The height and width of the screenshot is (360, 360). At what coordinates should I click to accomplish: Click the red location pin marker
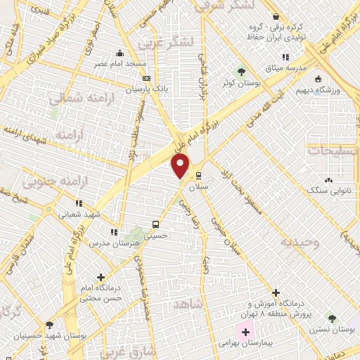(x=181, y=166)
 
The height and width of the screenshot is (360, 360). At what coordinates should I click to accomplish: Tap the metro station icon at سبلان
(x=199, y=176)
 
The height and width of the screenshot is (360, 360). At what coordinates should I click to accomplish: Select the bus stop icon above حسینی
(x=155, y=225)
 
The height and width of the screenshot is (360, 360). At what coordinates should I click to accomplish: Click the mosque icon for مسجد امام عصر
(x=121, y=53)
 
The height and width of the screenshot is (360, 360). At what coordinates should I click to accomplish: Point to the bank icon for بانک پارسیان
(x=146, y=79)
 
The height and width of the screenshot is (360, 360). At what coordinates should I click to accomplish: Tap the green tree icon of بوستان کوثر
(x=241, y=72)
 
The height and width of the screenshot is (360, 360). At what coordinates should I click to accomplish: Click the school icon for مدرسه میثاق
(x=285, y=57)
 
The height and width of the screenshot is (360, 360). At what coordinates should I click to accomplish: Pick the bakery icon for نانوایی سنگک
(x=329, y=180)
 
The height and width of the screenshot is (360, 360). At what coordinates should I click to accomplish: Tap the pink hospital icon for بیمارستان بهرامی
(x=236, y=331)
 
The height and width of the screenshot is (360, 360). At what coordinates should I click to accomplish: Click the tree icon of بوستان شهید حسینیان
(x=49, y=326)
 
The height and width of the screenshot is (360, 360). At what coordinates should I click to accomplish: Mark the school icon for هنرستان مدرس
(x=113, y=232)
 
